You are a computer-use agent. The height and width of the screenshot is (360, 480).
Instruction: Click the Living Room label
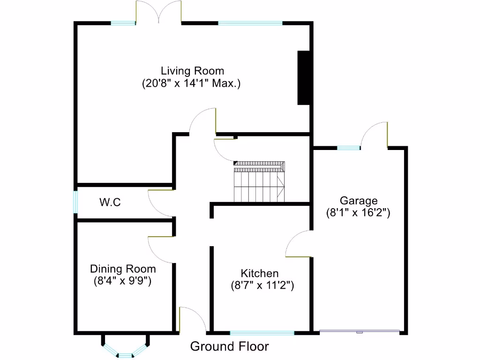tap(192, 71)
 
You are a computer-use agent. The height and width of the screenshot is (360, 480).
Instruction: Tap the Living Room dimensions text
tap(191, 84)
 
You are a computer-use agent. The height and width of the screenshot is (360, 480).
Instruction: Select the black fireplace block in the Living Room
tap(304, 77)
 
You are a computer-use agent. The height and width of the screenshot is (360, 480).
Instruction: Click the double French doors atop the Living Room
tap(158, 13)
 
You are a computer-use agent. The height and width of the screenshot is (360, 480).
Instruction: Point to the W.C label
tap(110, 202)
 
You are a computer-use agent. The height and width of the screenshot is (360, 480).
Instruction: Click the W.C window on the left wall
tap(75, 202)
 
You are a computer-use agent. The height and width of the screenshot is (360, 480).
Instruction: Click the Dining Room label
tap(123, 269)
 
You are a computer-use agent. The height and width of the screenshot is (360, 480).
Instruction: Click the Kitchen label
tap(260, 273)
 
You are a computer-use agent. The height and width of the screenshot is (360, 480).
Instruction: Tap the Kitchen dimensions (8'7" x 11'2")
tap(262, 285)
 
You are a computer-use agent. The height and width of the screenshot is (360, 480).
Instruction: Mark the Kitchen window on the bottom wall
tap(262, 333)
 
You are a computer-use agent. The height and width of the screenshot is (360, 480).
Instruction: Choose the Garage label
tap(359, 201)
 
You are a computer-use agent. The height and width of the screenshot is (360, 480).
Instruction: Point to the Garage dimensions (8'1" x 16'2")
tap(359, 213)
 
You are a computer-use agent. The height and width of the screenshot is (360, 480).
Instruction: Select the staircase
tap(259, 181)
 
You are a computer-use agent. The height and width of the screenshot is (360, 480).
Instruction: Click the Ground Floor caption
tap(229, 346)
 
